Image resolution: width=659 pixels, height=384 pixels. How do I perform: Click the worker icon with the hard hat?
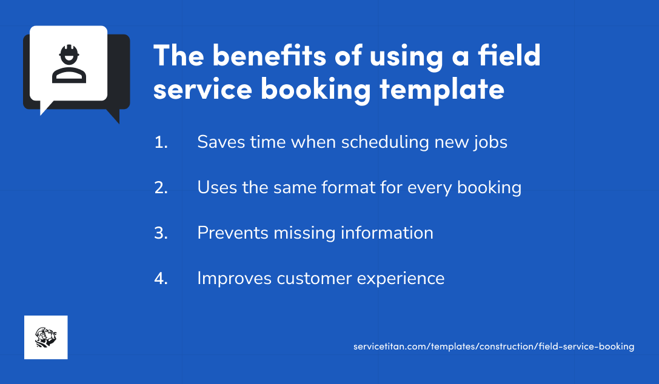click(x=69, y=64)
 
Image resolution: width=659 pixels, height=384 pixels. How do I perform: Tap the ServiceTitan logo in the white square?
click(x=45, y=337)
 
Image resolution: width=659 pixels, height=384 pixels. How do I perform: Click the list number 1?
click(x=161, y=142)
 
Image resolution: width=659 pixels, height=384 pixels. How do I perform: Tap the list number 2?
click(x=161, y=188)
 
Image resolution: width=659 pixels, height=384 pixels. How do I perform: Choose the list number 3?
click(x=161, y=233)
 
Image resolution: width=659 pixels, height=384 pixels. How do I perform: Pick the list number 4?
click(x=161, y=279)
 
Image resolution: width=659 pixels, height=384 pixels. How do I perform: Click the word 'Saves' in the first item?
click(x=219, y=142)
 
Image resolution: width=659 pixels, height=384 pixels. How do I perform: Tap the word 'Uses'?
click(x=216, y=188)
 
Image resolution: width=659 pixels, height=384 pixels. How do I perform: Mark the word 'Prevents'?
click(x=235, y=233)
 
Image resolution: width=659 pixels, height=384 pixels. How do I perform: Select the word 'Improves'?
click(x=235, y=279)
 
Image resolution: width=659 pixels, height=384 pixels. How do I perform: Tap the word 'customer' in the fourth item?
click(x=314, y=279)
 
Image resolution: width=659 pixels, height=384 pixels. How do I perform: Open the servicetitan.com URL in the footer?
click(x=493, y=346)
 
